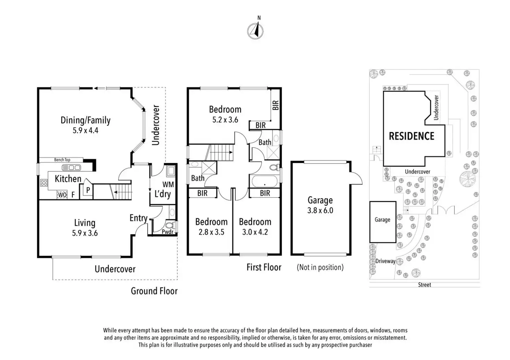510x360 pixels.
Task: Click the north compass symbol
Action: pos(255,30)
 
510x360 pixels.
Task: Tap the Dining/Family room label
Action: pos(85,120)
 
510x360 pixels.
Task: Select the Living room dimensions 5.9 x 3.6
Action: pos(85,233)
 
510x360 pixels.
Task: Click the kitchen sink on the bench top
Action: pos(71,168)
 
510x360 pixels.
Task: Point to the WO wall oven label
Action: pos(62,195)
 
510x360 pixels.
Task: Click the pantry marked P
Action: pos(88,190)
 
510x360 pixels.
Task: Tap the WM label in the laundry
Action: pos(168,184)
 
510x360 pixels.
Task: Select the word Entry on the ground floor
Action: pos(138,218)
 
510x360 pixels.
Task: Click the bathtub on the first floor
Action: pos(264,181)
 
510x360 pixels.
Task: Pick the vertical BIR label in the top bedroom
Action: pos(275,105)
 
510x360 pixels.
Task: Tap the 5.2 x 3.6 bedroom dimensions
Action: pos(225,120)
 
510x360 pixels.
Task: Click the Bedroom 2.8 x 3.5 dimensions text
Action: pos(211,232)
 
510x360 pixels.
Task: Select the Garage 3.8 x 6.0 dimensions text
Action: pos(320,210)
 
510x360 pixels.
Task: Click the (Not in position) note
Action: pos(320,267)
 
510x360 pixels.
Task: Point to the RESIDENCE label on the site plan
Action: pos(412,136)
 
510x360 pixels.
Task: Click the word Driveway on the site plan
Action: pos(385,261)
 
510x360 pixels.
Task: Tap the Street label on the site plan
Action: pos(424,285)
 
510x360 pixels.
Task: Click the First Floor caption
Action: pos(264,267)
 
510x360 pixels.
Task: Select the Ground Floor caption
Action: pos(154,291)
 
